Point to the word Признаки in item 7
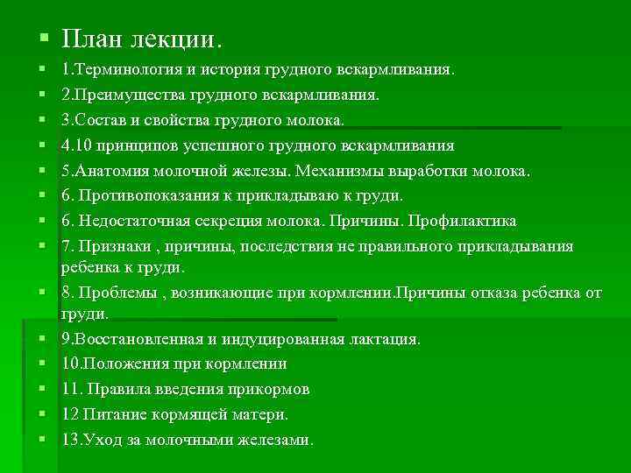pyautogui.click(x=113, y=246)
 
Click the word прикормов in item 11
pyautogui.click(x=273, y=388)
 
